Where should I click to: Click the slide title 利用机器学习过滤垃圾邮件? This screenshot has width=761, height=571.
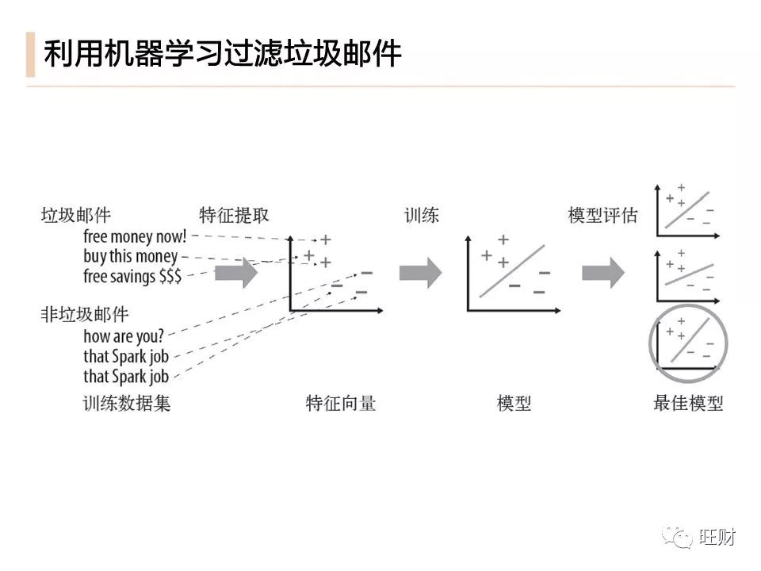[x=223, y=54]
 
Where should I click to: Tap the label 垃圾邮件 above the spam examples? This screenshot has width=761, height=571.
[x=76, y=215]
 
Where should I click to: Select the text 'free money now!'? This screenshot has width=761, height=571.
[x=135, y=236]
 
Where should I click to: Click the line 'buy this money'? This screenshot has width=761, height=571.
[x=131, y=256]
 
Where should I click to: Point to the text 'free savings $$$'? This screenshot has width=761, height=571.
[x=132, y=276]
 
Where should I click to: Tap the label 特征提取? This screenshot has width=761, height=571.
[x=235, y=215]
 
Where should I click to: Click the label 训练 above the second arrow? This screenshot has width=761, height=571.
[x=422, y=215]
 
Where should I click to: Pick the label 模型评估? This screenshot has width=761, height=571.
[x=603, y=215]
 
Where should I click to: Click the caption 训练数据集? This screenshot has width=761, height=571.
[x=127, y=403]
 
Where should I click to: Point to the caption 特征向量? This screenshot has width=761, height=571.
[x=341, y=403]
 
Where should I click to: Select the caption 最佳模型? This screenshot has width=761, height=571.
[x=688, y=403]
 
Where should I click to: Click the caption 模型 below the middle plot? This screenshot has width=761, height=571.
[x=514, y=403]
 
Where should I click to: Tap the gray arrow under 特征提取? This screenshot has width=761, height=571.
[x=236, y=273]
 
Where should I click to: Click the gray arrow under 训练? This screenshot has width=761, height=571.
[x=420, y=273]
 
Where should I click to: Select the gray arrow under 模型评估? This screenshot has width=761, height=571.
[x=603, y=273]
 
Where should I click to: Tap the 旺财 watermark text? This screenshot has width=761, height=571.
[x=718, y=537]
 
